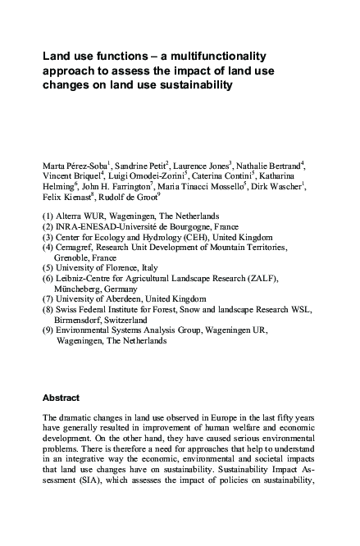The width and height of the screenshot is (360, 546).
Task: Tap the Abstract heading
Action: point(61,397)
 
